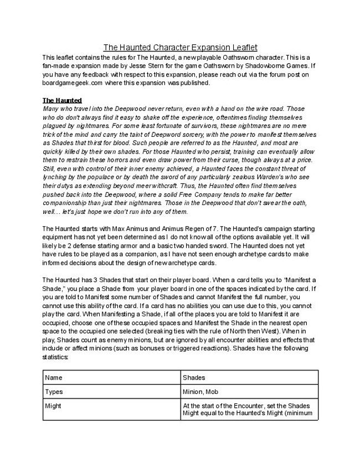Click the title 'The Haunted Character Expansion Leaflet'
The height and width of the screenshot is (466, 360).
[x=180, y=48]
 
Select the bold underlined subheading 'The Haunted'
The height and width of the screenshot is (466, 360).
[x=62, y=100]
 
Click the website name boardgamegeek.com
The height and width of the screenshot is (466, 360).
[x=71, y=83]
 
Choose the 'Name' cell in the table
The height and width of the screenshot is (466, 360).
[x=54, y=377]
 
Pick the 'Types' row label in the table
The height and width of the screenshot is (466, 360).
[x=54, y=392]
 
